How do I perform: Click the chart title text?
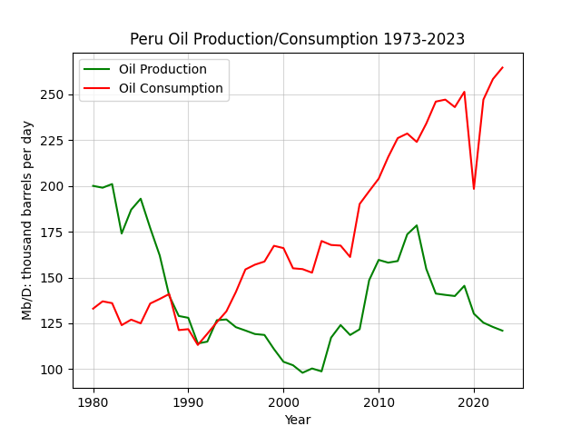coord(297,39)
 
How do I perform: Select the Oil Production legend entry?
coord(145,69)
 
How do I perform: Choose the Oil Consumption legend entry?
coord(153,88)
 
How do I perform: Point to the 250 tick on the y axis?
coord(52,94)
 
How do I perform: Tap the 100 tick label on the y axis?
coord(52,370)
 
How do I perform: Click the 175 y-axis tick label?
coord(52,233)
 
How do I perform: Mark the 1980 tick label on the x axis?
coord(93,402)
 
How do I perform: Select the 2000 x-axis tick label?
coord(283,402)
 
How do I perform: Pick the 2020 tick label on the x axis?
coord(474,402)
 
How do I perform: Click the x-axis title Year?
coord(298,420)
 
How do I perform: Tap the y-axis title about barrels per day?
coord(27,221)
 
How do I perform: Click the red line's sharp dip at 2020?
coord(474,189)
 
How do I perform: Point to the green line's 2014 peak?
coord(417,225)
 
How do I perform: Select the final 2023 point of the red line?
coord(502,67)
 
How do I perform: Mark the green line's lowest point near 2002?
coord(302,372)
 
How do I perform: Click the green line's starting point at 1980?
coord(93,185)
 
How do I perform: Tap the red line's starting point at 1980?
coord(93,309)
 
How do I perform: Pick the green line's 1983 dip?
coord(122,233)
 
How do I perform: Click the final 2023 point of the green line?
coord(502,331)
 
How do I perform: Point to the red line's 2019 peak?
coord(464,92)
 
